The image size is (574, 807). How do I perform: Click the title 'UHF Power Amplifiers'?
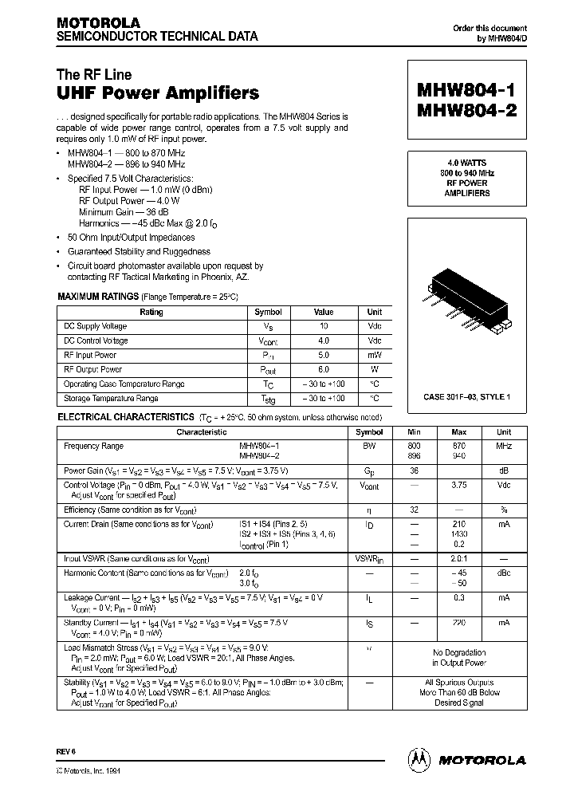click(x=158, y=93)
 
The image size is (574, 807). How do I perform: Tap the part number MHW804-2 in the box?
click(x=466, y=111)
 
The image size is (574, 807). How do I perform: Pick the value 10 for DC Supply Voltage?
click(x=323, y=326)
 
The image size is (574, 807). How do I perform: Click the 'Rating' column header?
click(x=151, y=313)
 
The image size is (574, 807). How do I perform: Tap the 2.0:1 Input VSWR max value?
click(x=459, y=559)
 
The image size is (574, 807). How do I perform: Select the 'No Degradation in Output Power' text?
click(x=459, y=657)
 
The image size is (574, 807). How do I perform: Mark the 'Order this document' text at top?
click(x=485, y=28)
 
